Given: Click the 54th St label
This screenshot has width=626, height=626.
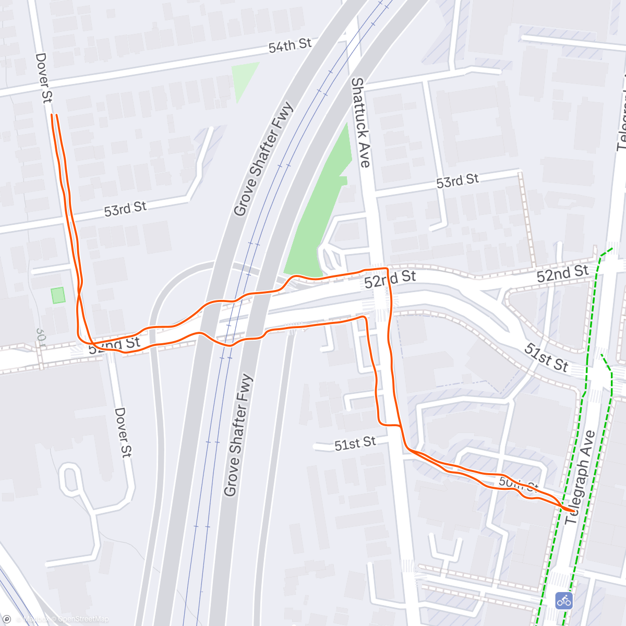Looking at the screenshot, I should pos(290,46).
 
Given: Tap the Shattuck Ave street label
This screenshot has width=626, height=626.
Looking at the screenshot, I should pos(360,123).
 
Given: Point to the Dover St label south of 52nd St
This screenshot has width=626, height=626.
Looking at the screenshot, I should pos(123,432).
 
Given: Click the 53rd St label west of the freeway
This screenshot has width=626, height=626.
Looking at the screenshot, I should pos(125,209).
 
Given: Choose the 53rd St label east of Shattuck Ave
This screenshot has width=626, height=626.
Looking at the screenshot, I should pos(458,181).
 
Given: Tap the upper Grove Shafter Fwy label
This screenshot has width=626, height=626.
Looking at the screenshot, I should pos(263,160).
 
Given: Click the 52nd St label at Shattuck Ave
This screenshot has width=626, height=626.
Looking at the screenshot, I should pos(390,279).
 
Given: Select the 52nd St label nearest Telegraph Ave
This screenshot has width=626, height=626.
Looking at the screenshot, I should pos(562,273).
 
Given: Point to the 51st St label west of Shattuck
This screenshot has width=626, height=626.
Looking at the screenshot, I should pos(355,444).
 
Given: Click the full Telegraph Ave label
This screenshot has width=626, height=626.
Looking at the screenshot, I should pos(581,477).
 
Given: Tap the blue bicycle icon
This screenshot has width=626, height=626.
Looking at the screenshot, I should pos(563,600).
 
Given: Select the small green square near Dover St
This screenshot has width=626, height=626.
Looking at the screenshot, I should pos(58,295).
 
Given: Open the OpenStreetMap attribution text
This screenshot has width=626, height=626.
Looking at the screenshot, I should pos(83,619).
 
